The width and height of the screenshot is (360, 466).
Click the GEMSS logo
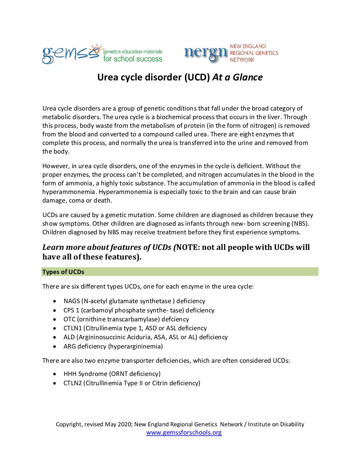pos(71,54)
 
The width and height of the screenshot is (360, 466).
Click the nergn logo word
pos(205,53)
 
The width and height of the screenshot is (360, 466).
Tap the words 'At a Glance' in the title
pos(238,77)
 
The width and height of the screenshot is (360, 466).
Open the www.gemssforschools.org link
pos(184,433)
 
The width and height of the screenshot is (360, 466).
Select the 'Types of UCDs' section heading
pos(63,272)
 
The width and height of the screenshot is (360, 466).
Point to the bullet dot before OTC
pos(55,319)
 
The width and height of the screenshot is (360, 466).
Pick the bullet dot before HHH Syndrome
pos(55,374)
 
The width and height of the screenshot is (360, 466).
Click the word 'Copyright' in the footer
pos(68,425)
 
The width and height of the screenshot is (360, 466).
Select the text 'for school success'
pos(133,59)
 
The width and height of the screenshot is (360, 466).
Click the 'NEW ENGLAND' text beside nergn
pos(248,46)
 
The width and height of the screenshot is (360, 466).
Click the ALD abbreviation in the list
pos(69,337)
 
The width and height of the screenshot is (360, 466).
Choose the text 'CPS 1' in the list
pos(71,310)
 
